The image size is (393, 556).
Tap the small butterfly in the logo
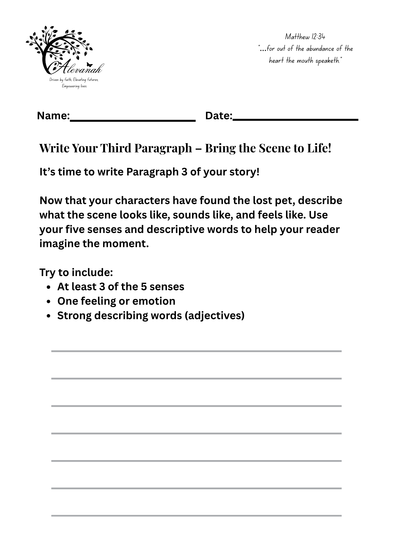tap(89, 65)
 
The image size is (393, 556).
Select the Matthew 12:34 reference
tap(305, 37)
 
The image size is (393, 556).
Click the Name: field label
tap(53, 116)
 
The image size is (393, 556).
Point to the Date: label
tap(219, 116)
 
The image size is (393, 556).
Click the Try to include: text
tap(76, 272)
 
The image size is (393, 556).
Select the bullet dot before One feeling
tap(49, 302)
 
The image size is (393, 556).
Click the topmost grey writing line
tap(196, 351)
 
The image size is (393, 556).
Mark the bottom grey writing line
tap(196, 516)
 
